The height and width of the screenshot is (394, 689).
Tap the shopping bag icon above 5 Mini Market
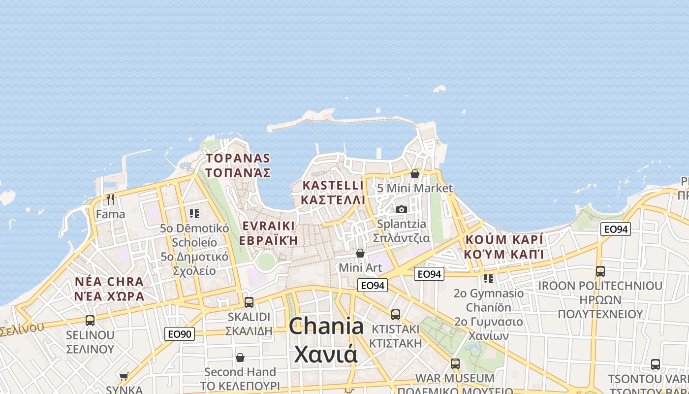click(415, 174)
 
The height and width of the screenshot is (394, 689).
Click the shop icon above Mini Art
click(360, 253)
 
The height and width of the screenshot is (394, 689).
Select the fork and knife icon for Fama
click(110, 199)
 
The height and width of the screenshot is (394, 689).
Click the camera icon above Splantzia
click(402, 209)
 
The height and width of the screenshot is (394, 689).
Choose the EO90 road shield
click(180, 334)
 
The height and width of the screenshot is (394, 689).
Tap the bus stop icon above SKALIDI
click(249, 302)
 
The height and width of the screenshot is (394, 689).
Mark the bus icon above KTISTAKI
click(396, 314)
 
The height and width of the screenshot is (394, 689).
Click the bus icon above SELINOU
click(90, 321)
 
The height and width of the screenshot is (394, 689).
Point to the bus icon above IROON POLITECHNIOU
click(600, 271)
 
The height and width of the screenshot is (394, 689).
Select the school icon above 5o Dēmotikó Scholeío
click(194, 214)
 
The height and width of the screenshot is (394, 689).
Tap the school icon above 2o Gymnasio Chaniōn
click(488, 278)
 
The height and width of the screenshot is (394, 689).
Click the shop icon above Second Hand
click(240, 357)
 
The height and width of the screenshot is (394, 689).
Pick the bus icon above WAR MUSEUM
click(455, 364)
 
